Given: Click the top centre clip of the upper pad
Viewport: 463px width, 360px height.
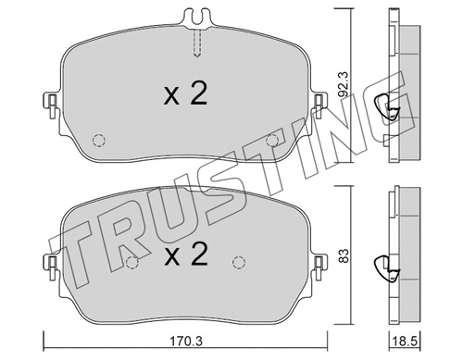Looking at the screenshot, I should pos(197,18).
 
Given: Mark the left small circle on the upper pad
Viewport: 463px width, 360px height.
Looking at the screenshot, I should pos(100,142).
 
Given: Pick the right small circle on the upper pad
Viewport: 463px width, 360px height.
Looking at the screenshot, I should pos(272,139).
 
